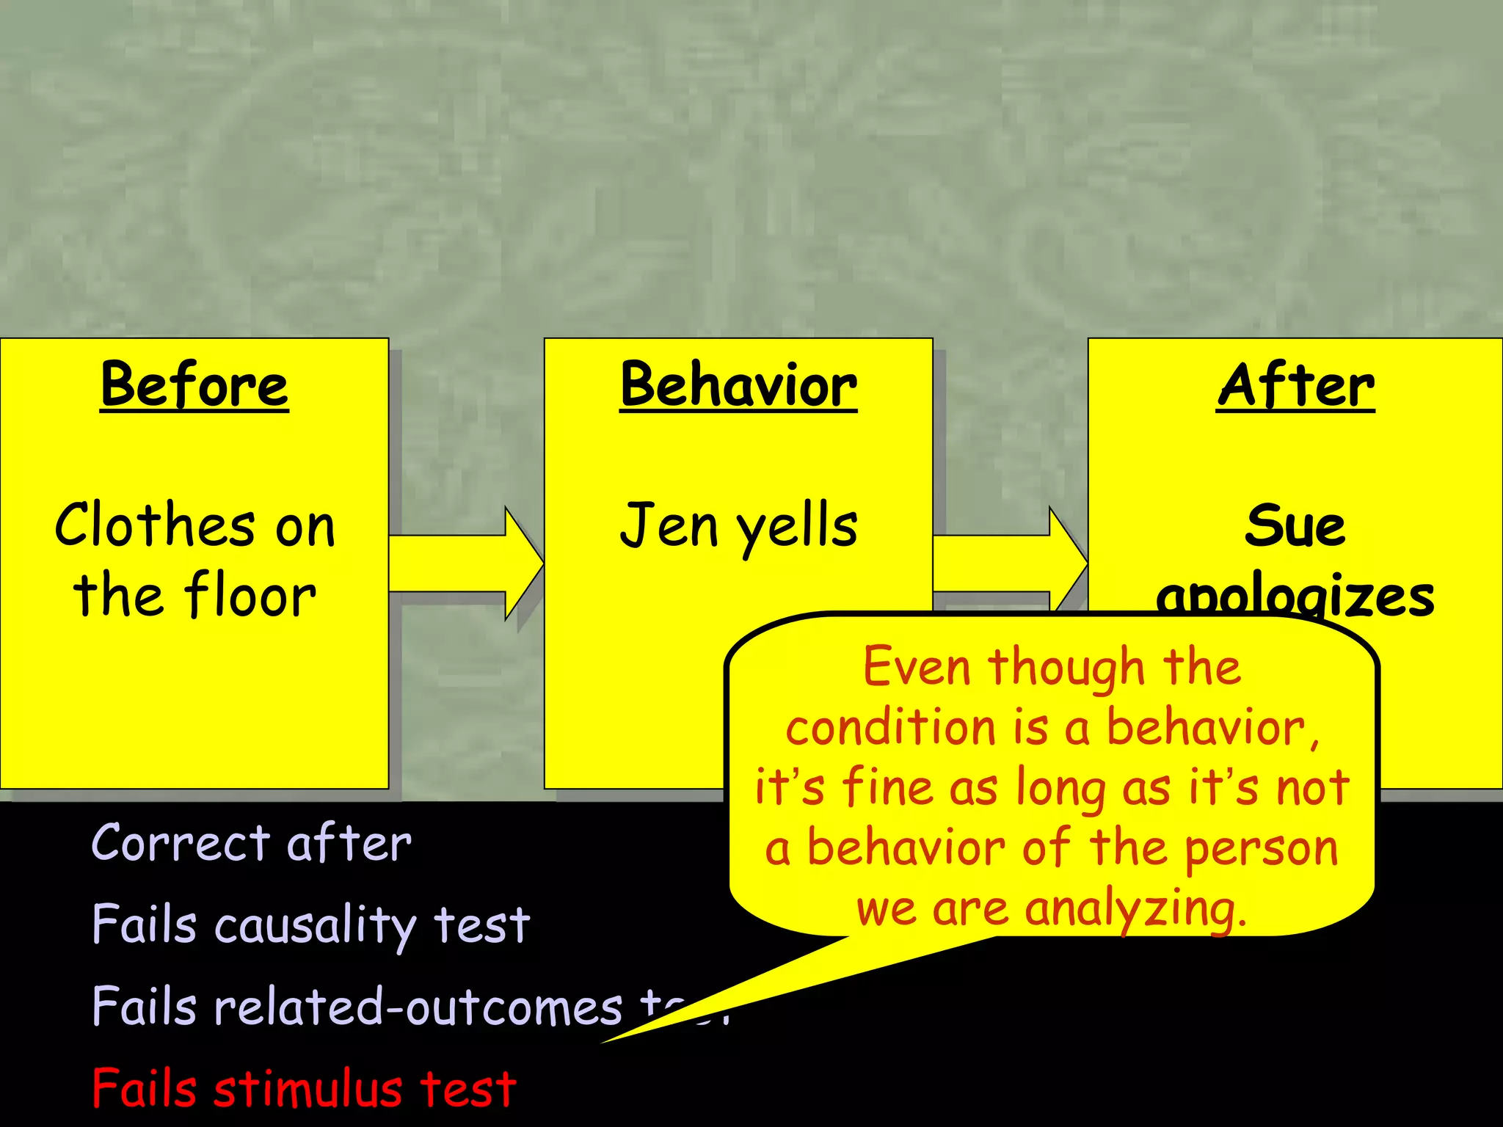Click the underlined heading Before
(194, 385)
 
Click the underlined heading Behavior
(738, 385)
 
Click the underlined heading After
(1296, 385)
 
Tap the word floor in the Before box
(250, 595)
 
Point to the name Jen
(669, 525)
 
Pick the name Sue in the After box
(1295, 525)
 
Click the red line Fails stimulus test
(305, 1089)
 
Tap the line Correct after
(251, 842)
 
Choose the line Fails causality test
(310, 924)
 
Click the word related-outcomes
(418, 1006)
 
